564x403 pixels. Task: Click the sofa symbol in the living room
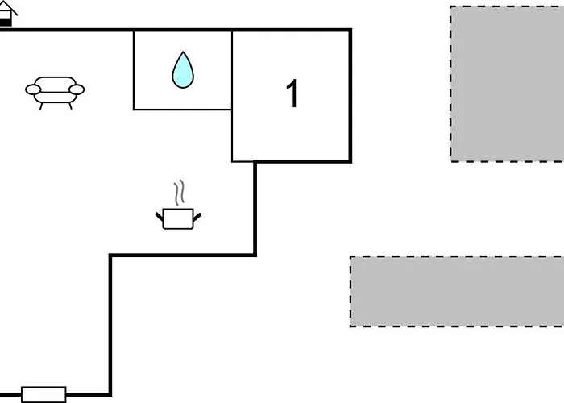click(55, 93)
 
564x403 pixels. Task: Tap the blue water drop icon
click(183, 70)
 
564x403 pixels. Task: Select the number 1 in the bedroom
click(292, 93)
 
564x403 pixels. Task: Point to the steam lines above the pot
click(179, 193)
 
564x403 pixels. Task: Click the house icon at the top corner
click(6, 14)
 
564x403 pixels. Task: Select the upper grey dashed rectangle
click(507, 84)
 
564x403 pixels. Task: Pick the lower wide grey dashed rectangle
click(457, 292)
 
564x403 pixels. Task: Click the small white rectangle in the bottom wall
click(44, 395)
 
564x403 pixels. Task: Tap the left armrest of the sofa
click(33, 89)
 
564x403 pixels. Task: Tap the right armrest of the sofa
click(77, 89)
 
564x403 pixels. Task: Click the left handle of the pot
click(159, 216)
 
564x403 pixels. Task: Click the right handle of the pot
click(197, 217)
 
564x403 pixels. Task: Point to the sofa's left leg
click(41, 106)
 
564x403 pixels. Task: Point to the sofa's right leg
click(70, 106)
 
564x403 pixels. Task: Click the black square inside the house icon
click(5, 23)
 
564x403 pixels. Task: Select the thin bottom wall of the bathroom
click(182, 110)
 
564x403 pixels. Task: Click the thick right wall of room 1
click(350, 96)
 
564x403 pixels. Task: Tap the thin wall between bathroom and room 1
click(232, 70)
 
